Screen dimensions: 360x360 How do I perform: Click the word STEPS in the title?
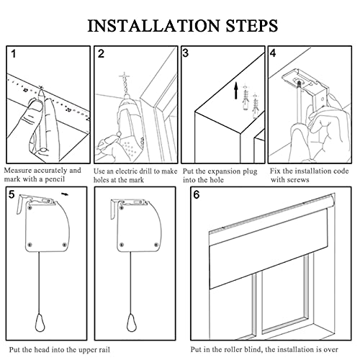[251, 25]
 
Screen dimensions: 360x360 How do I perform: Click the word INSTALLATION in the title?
[153, 25]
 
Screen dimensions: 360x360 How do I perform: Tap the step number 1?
[14, 54]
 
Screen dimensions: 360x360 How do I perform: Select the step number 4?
[273, 53]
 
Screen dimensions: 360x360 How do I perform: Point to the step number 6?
[197, 194]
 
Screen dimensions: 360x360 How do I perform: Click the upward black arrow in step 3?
[236, 91]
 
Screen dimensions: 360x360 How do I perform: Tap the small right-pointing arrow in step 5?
[65, 194]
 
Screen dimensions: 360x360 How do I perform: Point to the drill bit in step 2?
[125, 84]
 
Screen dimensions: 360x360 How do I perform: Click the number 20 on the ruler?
[68, 110]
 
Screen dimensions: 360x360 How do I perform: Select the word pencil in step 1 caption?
[55, 179]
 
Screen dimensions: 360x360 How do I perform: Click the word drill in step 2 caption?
[144, 171]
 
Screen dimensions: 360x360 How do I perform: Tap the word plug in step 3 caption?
[249, 172]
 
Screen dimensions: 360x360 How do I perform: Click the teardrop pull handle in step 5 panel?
[40, 323]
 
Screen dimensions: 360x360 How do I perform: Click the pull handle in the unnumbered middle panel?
[132, 323]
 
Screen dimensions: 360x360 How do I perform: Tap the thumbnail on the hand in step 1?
[35, 105]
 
